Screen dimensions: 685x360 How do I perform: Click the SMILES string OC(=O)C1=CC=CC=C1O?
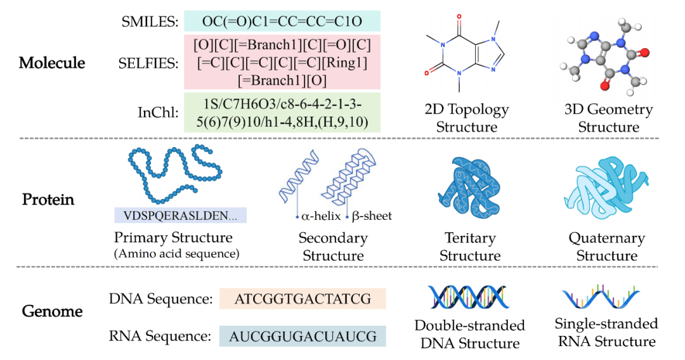tap(282, 21)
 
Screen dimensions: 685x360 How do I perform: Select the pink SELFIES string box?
tap(282, 62)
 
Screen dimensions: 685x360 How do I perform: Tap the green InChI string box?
tap(282, 113)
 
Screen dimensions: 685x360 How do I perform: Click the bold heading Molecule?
tap(52, 63)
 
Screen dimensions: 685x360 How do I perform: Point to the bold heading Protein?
tap(48, 200)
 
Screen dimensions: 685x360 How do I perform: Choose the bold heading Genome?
tap(52, 311)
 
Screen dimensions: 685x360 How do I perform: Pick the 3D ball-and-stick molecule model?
tap(604, 56)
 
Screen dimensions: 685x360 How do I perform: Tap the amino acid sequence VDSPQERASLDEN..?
tap(180, 215)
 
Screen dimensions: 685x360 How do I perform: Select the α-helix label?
tap(321, 216)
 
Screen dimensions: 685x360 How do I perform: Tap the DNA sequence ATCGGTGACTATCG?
tap(303, 299)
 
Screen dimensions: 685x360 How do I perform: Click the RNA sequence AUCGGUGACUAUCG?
tap(303, 337)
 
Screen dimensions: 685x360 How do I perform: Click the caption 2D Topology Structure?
tap(467, 118)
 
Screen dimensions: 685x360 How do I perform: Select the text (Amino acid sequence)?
tap(176, 254)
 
